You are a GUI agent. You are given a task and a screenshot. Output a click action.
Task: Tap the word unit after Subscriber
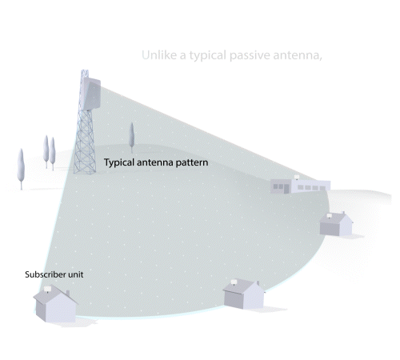pyautogui.click(x=76, y=274)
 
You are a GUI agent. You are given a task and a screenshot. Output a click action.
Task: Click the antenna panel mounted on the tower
pyautogui.click(x=91, y=94)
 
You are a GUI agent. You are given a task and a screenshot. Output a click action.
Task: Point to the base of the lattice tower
pyautogui.click(x=85, y=170)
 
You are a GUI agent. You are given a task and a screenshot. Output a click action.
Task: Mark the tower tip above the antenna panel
pyautogui.click(x=85, y=70)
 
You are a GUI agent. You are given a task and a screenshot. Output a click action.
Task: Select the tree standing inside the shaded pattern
pyautogui.click(x=131, y=138)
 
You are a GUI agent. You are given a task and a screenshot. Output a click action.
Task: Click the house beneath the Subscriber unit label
pyautogui.click(x=55, y=303)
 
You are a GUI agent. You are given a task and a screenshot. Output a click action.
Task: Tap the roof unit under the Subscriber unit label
pyautogui.click(x=47, y=289)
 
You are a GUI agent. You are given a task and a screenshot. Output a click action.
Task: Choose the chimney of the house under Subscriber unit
pyautogui.click(x=68, y=294)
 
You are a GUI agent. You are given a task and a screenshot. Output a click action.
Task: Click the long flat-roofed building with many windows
pyautogui.click(x=300, y=185)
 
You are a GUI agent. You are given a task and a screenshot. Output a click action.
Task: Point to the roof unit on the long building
pyautogui.click(x=297, y=177)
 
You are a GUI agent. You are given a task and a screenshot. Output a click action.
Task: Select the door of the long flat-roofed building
pyautogui.click(x=286, y=188)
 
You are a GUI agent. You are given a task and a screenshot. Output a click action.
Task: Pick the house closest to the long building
pyautogui.click(x=336, y=224)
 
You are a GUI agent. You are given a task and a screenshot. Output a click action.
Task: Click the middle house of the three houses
pyautogui.click(x=243, y=294)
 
